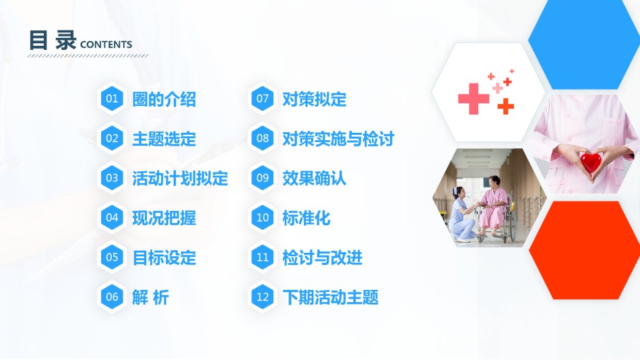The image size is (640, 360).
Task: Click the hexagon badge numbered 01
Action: point(112,98)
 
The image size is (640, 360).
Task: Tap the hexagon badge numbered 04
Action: point(112,217)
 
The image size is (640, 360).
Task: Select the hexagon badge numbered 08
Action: point(263,138)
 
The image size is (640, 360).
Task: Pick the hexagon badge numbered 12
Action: point(263,297)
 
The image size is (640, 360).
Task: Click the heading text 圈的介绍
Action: point(164,99)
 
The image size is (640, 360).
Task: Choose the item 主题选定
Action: point(164,139)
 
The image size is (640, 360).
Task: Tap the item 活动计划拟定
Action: point(180,179)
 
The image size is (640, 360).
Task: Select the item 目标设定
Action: point(164,258)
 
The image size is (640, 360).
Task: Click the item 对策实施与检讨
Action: point(338,139)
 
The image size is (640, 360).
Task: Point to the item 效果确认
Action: point(315,179)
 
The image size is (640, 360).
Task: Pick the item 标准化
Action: point(306,218)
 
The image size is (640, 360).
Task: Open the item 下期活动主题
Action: point(331,297)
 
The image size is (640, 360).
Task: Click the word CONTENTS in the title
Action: point(106,44)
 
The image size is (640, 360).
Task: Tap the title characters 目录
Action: point(53,40)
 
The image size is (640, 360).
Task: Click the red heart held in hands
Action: point(591,162)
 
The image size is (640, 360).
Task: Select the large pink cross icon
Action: point(474,98)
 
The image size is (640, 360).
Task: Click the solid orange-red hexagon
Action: point(585,250)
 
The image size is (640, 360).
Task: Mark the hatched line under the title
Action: point(88,55)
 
